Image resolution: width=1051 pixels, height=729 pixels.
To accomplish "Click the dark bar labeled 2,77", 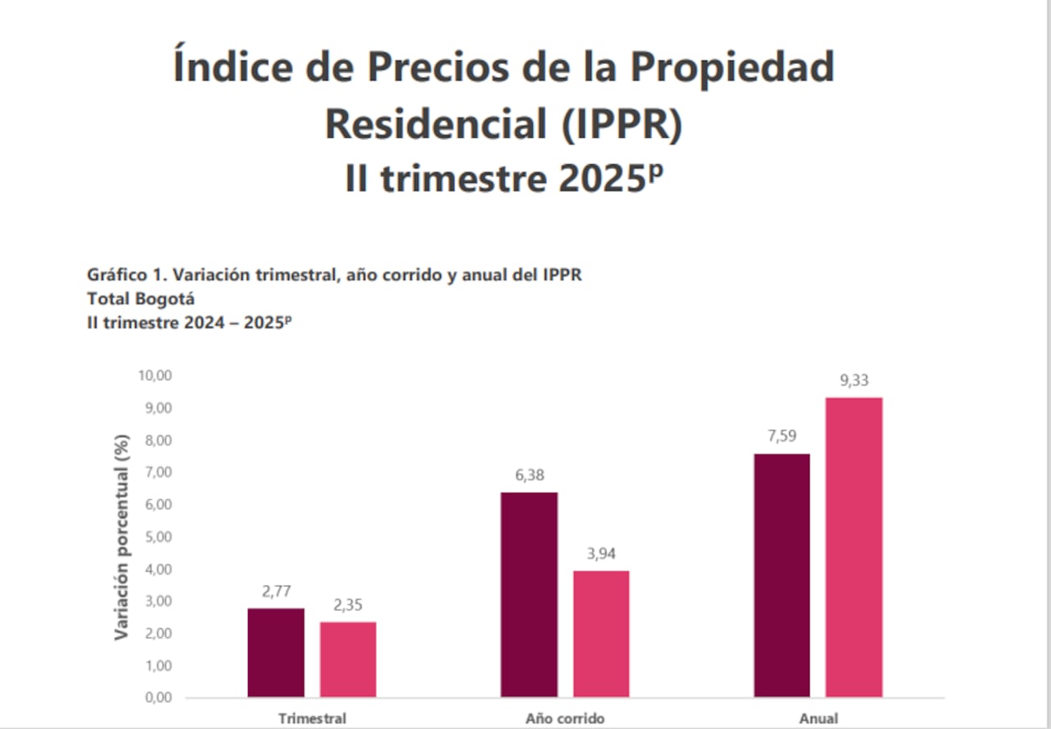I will [x=276, y=653].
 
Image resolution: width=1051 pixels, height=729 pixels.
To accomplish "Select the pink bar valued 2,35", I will [x=348, y=659].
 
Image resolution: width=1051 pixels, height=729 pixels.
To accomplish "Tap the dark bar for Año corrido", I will [x=529, y=594].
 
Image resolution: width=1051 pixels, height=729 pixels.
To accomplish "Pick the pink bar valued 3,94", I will [x=601, y=634].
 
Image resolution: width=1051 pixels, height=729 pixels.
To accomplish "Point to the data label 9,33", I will [x=854, y=380].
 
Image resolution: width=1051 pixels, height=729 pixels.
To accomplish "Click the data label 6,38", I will [x=530, y=475].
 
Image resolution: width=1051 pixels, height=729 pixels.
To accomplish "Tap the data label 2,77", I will [x=277, y=591].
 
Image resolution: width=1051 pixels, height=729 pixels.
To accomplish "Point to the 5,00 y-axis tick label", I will [x=156, y=536].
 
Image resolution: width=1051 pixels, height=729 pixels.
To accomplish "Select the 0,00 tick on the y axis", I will [x=156, y=698].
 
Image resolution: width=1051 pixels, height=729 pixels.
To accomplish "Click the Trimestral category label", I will [x=312, y=718].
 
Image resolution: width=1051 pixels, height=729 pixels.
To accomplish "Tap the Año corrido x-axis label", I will [x=565, y=718].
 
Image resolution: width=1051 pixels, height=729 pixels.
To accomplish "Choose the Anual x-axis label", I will [x=819, y=718].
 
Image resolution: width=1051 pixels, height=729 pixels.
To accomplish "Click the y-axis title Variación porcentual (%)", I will [x=122, y=537].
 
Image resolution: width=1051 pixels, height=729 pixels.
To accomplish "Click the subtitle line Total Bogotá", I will [x=140, y=299].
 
